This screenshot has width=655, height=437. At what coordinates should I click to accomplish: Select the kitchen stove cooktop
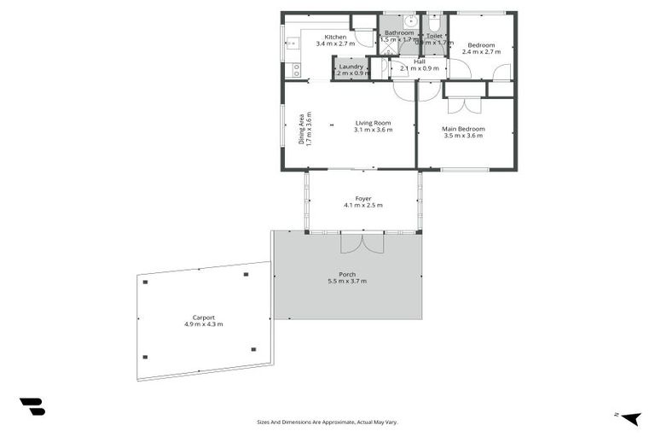pyautogui.click(x=296, y=68)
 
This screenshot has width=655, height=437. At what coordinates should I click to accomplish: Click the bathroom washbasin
pyautogui.click(x=410, y=21)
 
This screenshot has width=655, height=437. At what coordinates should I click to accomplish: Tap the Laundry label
pyautogui.click(x=351, y=67)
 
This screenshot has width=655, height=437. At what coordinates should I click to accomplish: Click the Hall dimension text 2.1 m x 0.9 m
pyautogui.click(x=419, y=68)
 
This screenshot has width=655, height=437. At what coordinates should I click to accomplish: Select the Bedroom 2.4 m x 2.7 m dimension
pyautogui.click(x=480, y=51)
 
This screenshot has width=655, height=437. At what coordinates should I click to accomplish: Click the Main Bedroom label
pyautogui.click(x=463, y=129)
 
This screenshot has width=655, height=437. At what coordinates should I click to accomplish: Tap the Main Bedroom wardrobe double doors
pyautogui.click(x=463, y=105)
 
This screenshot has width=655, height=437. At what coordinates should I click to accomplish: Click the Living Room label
pyautogui.click(x=373, y=123)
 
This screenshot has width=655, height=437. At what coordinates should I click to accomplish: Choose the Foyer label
pyautogui.click(x=362, y=198)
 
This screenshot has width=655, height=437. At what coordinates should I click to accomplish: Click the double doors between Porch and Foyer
pyautogui.click(x=362, y=243)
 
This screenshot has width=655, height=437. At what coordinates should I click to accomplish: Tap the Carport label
pyautogui.click(x=203, y=318)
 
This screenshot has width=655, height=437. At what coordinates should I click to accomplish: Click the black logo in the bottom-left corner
pyautogui.click(x=32, y=407)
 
